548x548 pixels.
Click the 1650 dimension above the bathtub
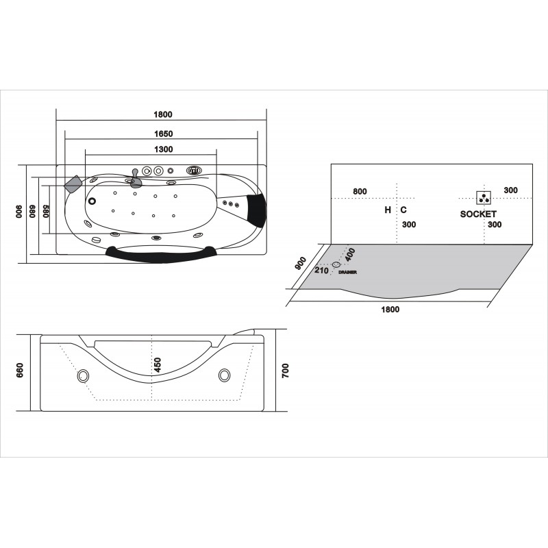click(x=164, y=134)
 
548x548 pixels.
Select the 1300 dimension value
click(x=164, y=149)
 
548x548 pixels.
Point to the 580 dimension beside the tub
click(x=46, y=211)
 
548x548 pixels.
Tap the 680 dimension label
click(x=32, y=211)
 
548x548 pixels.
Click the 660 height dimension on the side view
click(x=20, y=371)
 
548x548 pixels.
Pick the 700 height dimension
click(x=286, y=371)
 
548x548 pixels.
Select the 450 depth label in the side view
click(x=158, y=365)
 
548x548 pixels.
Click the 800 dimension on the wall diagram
click(x=360, y=191)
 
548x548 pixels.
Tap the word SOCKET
click(x=478, y=214)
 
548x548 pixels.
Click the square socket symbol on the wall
click(x=484, y=198)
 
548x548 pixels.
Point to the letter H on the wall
click(x=388, y=210)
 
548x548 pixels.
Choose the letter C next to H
click(x=403, y=210)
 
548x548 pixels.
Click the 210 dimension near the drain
click(x=321, y=271)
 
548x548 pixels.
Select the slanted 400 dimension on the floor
click(x=349, y=254)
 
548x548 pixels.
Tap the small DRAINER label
click(x=348, y=272)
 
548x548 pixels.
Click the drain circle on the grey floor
click(x=336, y=264)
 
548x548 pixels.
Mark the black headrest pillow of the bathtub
click(x=257, y=210)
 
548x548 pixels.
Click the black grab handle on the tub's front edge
click(x=161, y=253)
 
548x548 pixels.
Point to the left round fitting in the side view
click(x=83, y=375)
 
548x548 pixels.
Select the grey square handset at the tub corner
click(x=73, y=184)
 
